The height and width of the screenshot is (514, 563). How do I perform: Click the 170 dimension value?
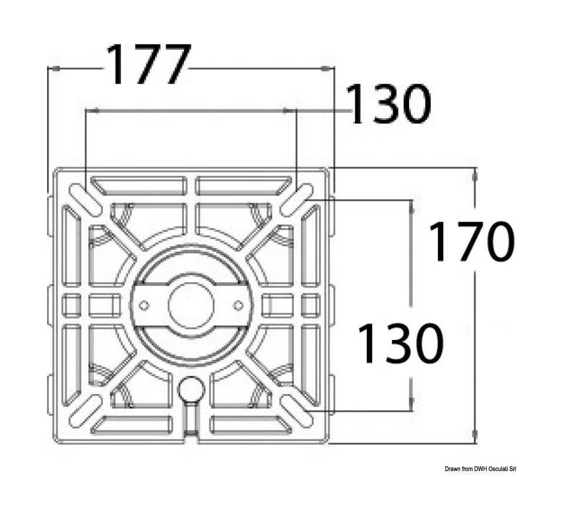coord(471,241)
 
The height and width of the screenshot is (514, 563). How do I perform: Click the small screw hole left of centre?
coord(144,306)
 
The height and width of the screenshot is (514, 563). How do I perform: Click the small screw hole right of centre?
coord(238,306)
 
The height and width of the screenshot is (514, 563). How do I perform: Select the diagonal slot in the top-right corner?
coord(297,200)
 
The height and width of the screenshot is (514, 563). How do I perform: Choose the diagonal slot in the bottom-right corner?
coord(297,410)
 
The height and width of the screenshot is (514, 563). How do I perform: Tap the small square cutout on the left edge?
coord(72,305)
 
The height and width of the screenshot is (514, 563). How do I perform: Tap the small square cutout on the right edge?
coord(310,305)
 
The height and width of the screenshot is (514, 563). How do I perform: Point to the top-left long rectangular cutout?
coord(139,185)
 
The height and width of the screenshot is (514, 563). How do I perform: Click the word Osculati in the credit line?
coord(497,469)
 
